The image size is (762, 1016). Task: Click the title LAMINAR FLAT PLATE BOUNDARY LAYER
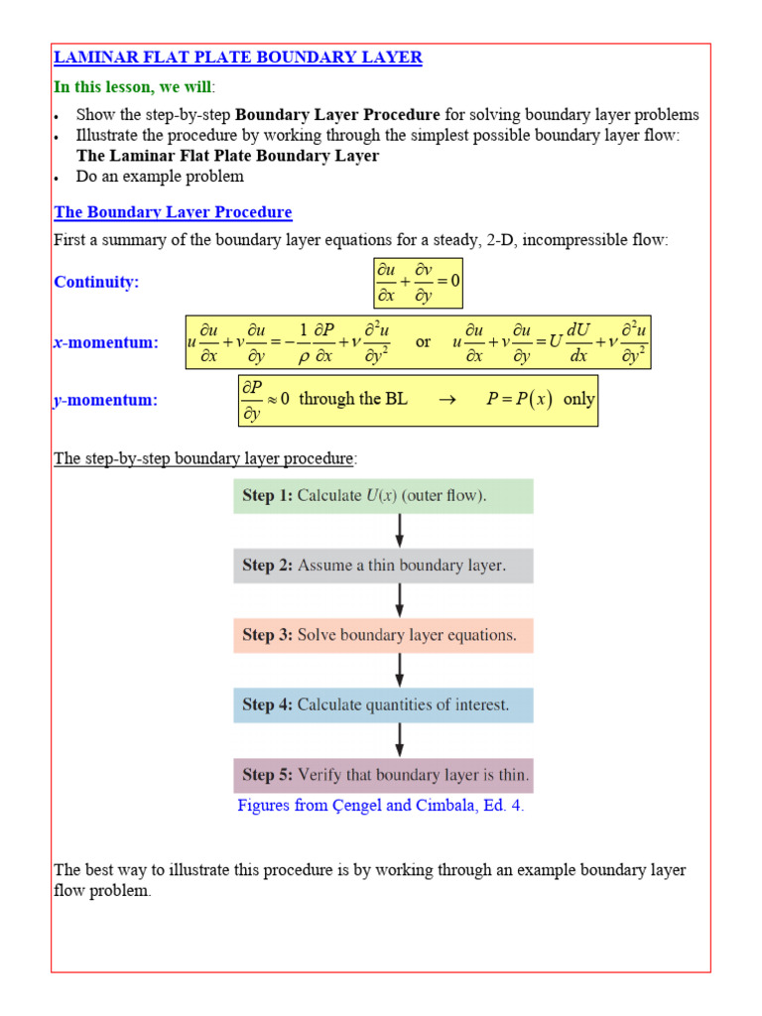[238, 58]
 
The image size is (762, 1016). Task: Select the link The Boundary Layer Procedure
[173, 212]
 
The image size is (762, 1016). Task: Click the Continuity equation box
[418, 282]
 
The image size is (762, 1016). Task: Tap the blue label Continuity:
[96, 282]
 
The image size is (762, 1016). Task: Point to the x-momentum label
[106, 342]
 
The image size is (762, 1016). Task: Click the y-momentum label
[105, 400]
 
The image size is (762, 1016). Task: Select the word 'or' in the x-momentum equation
[424, 341]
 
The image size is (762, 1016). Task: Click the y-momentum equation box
[418, 400]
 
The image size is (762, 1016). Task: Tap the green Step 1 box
[384, 496]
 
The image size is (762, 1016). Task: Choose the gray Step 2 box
[384, 566]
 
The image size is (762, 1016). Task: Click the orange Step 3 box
[384, 636]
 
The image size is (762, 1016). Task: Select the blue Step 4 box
[384, 705]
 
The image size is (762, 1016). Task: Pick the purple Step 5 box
[384, 775]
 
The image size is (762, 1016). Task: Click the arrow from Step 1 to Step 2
[399, 531]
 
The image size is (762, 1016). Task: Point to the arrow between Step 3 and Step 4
[399, 671]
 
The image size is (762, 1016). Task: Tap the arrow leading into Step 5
[399, 740]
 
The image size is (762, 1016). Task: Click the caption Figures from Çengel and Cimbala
[381, 806]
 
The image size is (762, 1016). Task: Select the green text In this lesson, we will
[132, 86]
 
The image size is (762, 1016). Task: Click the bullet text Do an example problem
[160, 177]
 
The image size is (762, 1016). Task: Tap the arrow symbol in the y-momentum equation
[445, 400]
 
